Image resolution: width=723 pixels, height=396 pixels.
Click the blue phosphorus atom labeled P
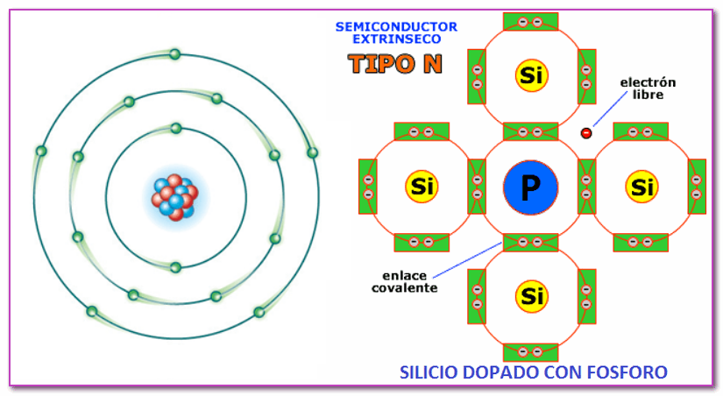click(531, 187)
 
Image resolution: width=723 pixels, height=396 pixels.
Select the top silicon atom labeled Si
click(531, 75)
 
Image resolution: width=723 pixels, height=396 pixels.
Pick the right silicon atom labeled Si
click(641, 187)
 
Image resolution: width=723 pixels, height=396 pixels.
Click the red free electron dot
click(586, 132)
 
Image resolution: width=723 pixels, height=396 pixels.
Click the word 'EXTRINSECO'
click(396, 39)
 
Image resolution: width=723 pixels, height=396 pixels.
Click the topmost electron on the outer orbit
click(175, 55)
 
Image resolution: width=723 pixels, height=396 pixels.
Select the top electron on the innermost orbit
click(175, 128)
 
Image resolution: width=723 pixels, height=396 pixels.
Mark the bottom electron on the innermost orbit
click(175, 266)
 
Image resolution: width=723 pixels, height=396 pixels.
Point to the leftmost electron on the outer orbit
click(40, 151)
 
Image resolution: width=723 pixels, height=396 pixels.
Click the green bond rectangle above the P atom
click(531, 131)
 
